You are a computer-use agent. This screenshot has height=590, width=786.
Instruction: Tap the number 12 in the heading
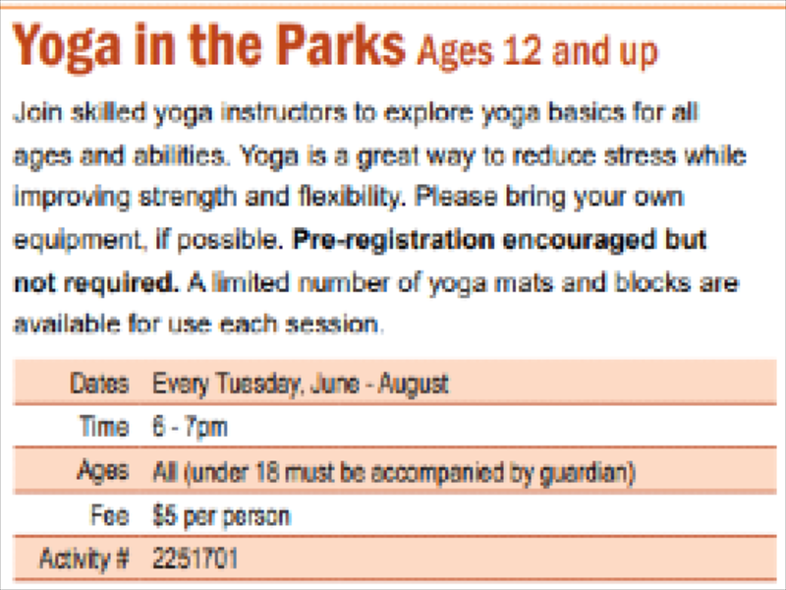click(x=523, y=51)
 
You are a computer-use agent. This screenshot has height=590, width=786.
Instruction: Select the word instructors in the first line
click(x=284, y=112)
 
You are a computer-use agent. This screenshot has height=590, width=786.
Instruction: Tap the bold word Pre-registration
click(x=394, y=241)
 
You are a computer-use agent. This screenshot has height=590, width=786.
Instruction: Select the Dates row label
click(x=100, y=383)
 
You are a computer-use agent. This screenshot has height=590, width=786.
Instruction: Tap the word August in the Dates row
click(x=414, y=384)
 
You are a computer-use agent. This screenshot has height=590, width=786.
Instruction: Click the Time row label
click(x=104, y=427)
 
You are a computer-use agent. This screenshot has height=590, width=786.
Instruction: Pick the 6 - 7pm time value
click(x=190, y=428)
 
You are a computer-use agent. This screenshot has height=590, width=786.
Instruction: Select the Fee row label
click(x=110, y=515)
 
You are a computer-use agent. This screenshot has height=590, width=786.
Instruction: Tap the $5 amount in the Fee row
click(x=164, y=515)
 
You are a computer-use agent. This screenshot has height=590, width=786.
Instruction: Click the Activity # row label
click(x=84, y=559)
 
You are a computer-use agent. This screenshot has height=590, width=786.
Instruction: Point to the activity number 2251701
click(x=195, y=558)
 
